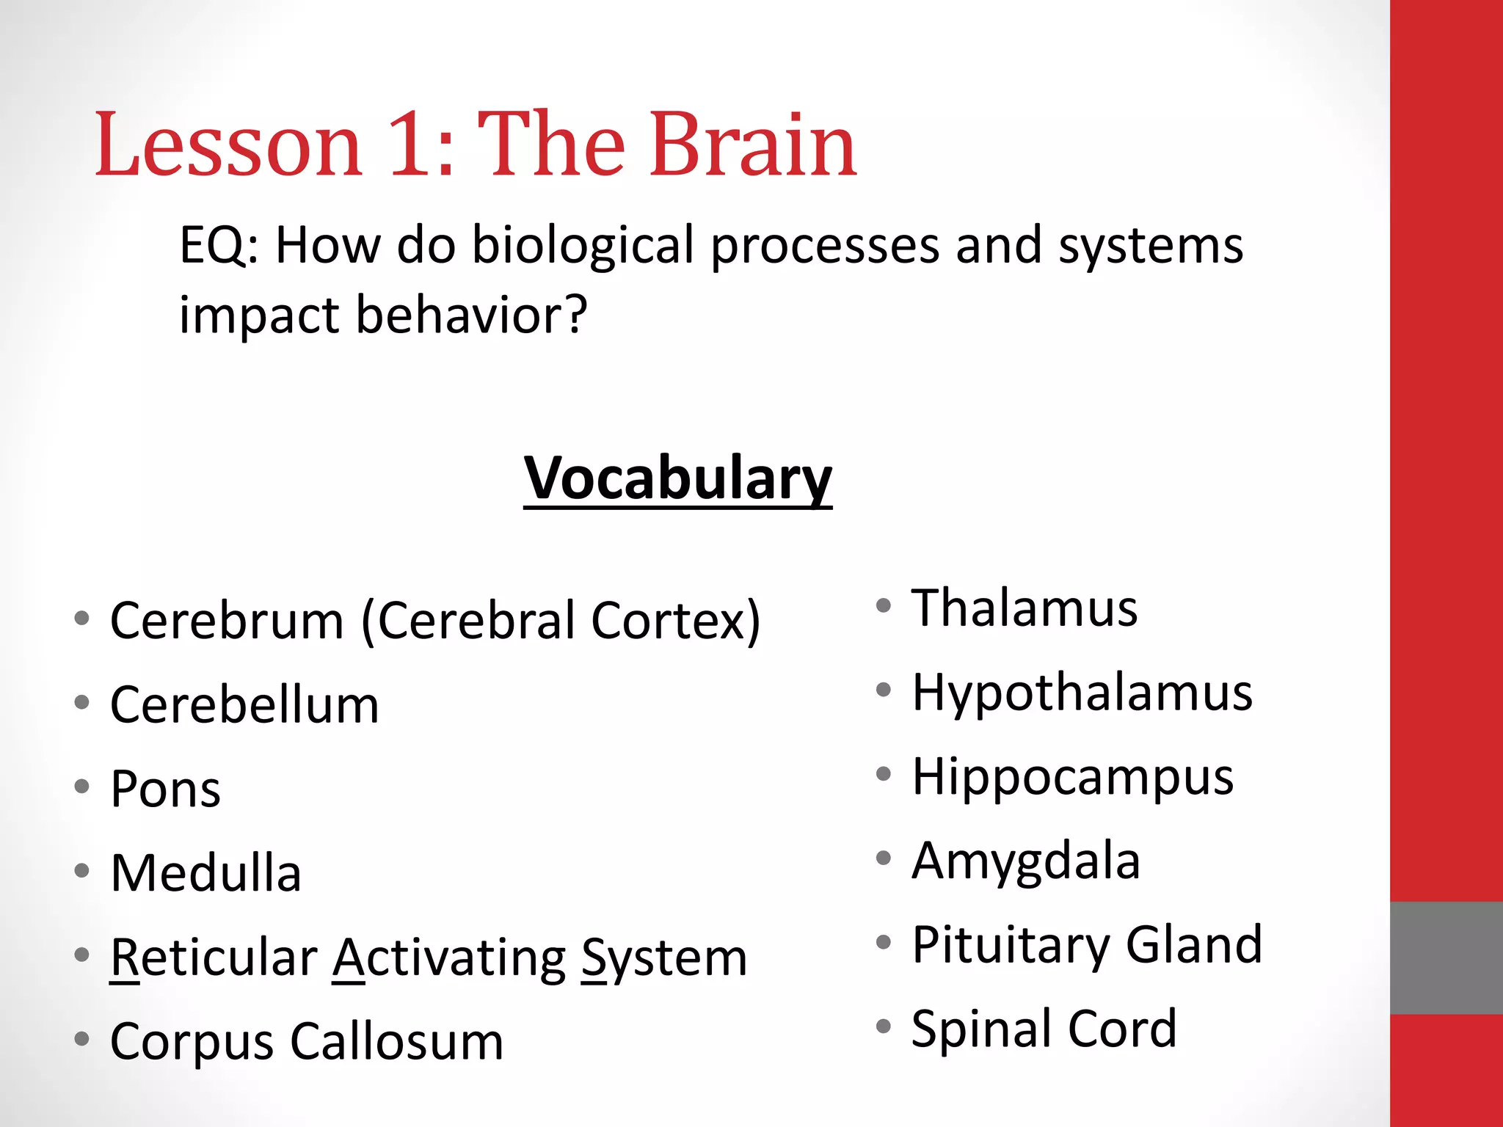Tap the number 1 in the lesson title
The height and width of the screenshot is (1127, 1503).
click(x=410, y=145)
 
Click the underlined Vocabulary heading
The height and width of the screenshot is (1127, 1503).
click(x=677, y=478)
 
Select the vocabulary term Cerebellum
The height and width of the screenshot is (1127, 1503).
click(x=244, y=705)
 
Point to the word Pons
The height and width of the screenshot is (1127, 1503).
click(x=165, y=789)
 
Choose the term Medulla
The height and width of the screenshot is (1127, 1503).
click(x=205, y=873)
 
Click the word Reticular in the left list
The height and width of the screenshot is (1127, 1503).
click(x=214, y=958)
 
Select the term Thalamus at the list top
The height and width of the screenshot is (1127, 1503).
click(x=1024, y=608)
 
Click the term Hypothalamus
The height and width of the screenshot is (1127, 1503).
click(x=1082, y=693)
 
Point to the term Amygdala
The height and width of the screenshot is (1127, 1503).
click(x=1025, y=861)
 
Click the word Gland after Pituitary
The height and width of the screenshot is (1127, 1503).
click(x=1194, y=945)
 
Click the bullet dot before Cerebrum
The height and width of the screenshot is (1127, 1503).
click(x=81, y=618)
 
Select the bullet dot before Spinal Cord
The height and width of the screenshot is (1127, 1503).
click(x=884, y=1026)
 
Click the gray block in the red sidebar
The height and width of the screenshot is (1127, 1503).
click(x=1446, y=958)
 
